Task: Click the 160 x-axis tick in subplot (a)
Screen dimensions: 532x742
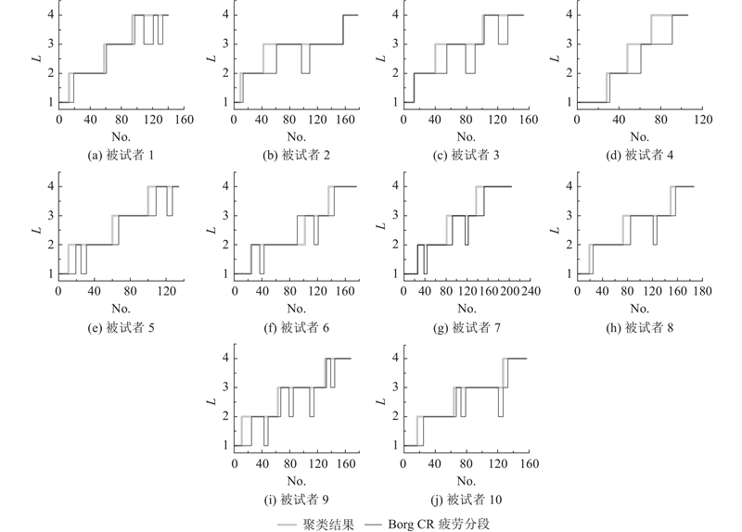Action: click(184, 120)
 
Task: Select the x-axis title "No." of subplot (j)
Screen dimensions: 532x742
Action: click(468, 481)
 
